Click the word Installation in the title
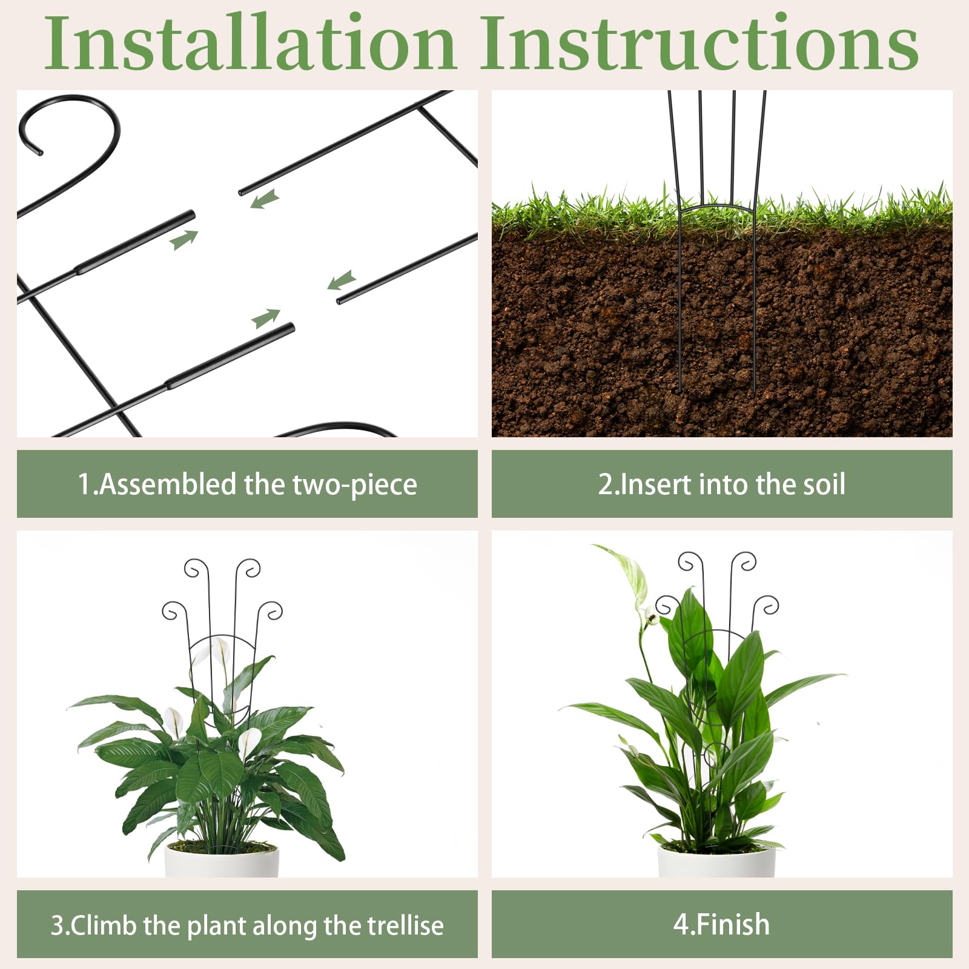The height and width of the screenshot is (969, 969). pyautogui.click(x=250, y=44)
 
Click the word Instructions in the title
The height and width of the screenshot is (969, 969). pyautogui.click(x=700, y=44)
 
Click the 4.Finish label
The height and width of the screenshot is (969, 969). pyautogui.click(x=721, y=925)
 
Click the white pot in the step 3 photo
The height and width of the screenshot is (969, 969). pyautogui.click(x=222, y=860)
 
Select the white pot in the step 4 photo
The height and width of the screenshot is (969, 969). pyautogui.click(x=716, y=861)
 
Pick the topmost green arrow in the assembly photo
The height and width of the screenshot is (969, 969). pyautogui.click(x=265, y=199)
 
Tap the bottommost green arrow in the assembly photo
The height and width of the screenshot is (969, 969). pyautogui.click(x=266, y=319)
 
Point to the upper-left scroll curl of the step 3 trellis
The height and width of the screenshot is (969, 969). pyautogui.click(x=197, y=569)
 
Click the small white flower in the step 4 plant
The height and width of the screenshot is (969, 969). pyautogui.click(x=651, y=617)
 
